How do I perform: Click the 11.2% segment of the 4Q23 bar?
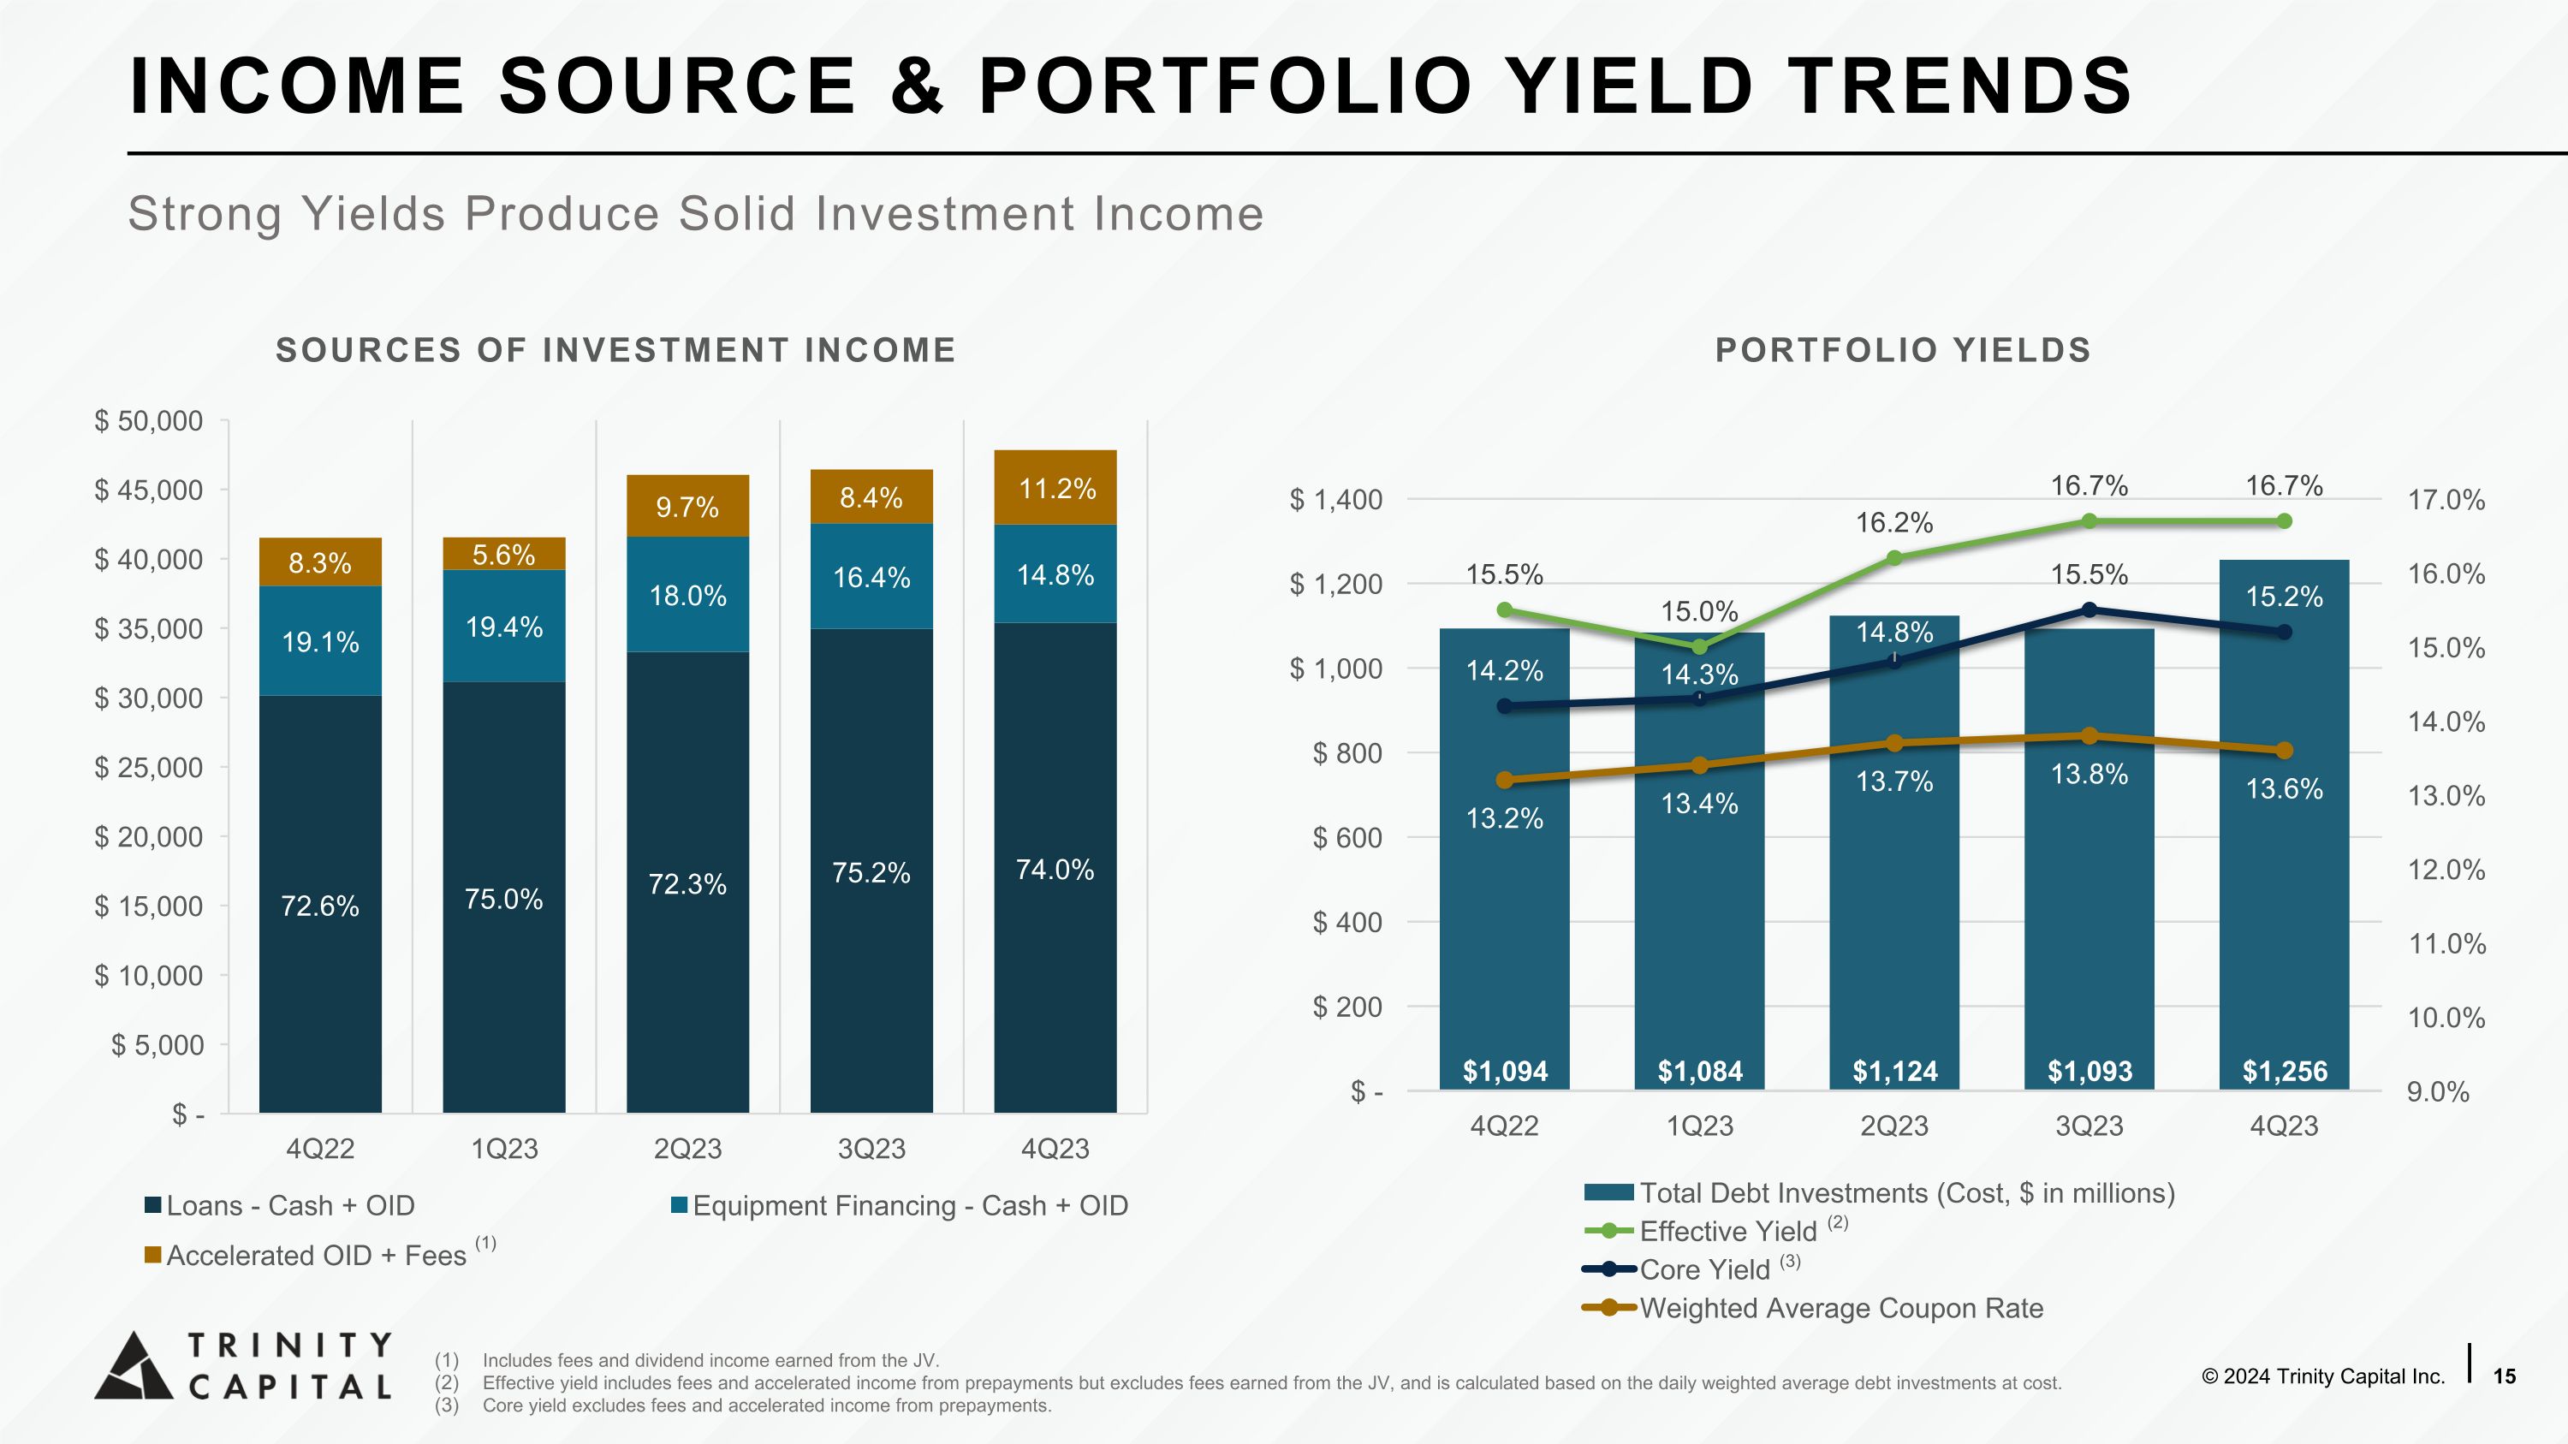pyautogui.click(x=1055, y=488)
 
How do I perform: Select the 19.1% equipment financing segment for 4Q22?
pyautogui.click(x=320, y=641)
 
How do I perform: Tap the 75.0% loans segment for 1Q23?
pyautogui.click(x=503, y=899)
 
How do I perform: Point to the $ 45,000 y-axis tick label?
pyautogui.click(x=149, y=490)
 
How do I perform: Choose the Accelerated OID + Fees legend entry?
pyautogui.click(x=316, y=1256)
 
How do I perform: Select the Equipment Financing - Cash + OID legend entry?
pyautogui.click(x=909, y=1206)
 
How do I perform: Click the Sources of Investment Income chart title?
pyautogui.click(x=615, y=350)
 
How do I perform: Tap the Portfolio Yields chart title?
pyautogui.click(x=1902, y=350)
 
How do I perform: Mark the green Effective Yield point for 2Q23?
pyautogui.click(x=1895, y=558)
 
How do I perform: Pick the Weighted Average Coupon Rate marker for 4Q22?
pyautogui.click(x=1504, y=781)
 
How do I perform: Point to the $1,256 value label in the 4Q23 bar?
pyautogui.click(x=2284, y=1072)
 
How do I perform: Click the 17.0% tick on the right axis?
pyautogui.click(x=2446, y=500)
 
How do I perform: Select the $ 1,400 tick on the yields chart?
pyautogui.click(x=1336, y=499)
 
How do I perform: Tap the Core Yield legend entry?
pyautogui.click(x=1703, y=1269)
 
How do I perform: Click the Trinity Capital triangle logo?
pyautogui.click(x=134, y=1366)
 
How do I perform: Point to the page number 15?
pyautogui.click(x=2504, y=1376)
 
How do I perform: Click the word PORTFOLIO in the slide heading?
pyautogui.click(x=1225, y=86)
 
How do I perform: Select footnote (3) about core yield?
pyautogui.click(x=765, y=1405)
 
